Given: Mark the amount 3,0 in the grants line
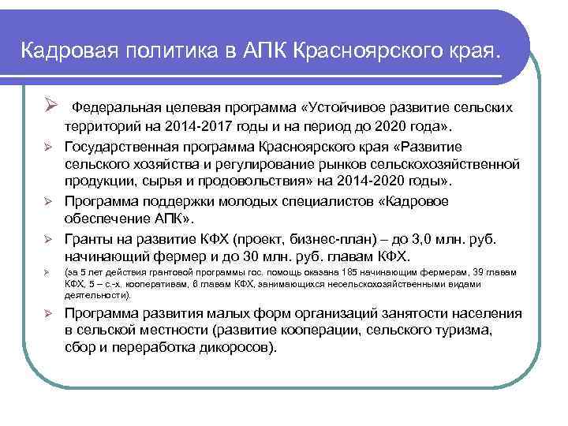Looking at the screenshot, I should tap(410, 237).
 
